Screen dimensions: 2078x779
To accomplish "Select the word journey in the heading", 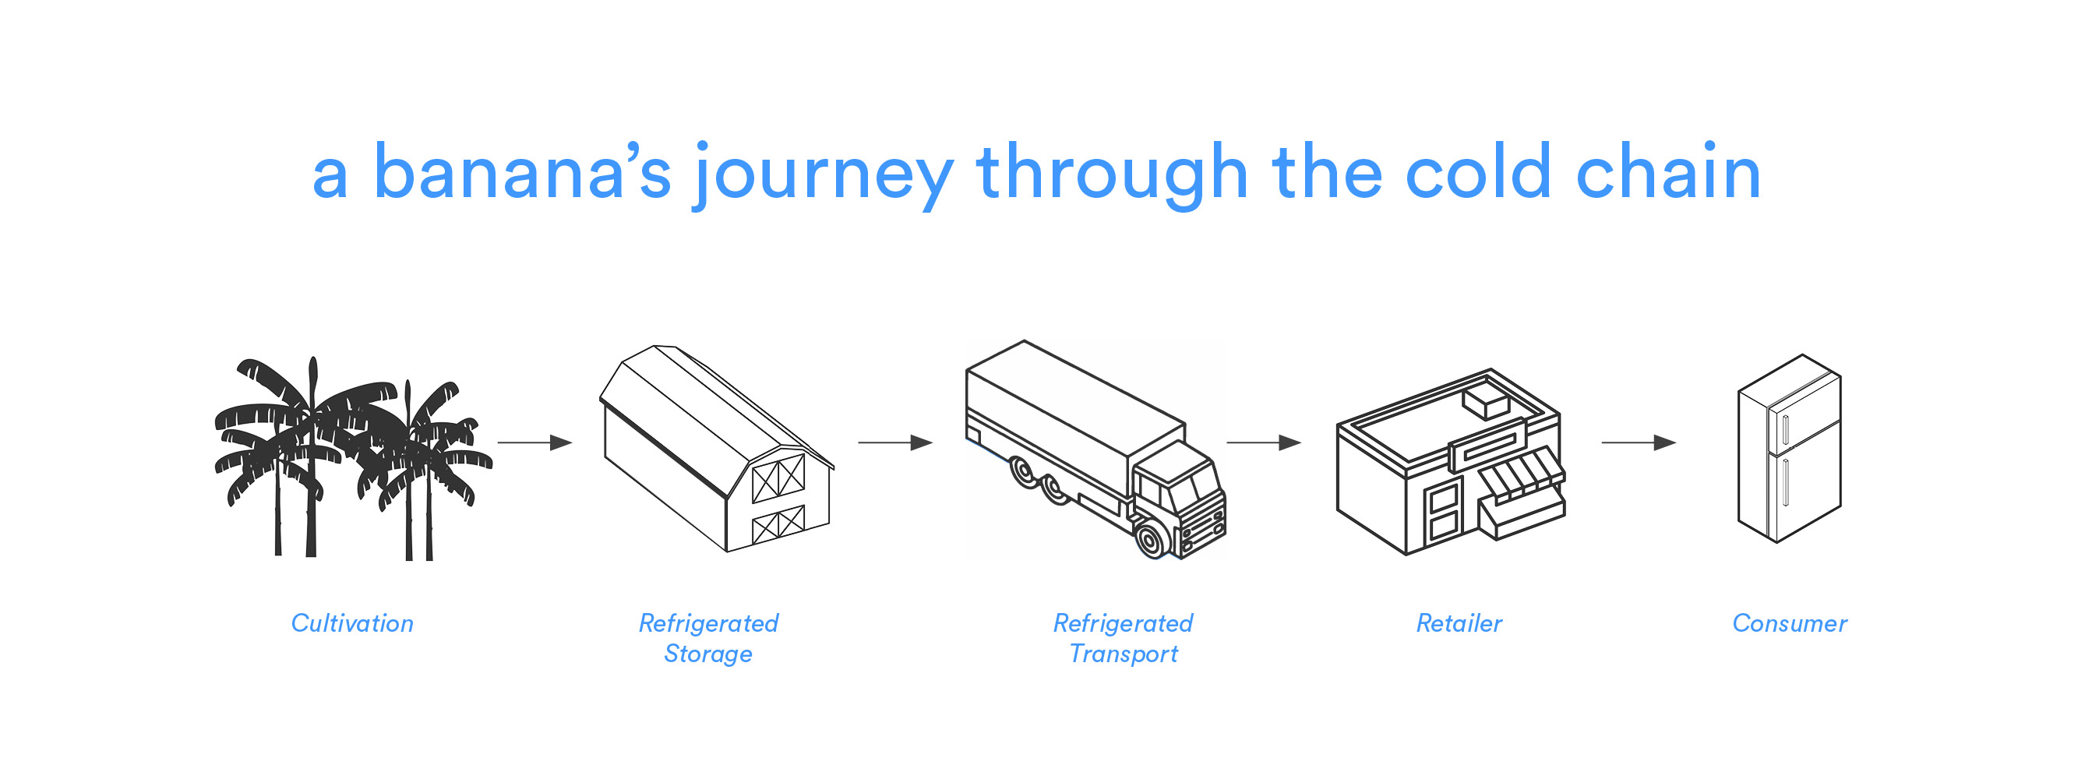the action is [x=824, y=176].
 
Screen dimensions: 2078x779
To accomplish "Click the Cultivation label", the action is [x=351, y=622].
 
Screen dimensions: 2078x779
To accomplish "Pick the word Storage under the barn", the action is [x=707, y=654].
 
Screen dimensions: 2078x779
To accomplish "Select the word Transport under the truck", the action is [x=1123, y=654].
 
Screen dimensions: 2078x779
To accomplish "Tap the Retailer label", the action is [x=1459, y=622].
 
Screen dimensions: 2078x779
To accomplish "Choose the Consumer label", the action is [x=1789, y=622].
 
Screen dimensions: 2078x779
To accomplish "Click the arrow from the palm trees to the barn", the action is [x=534, y=442].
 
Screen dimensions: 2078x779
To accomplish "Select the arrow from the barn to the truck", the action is [x=895, y=442].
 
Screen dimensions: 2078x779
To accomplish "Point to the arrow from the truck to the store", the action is [x=1264, y=442].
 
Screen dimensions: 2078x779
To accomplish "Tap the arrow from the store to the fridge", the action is [x=1639, y=442].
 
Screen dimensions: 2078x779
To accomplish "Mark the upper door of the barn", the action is [x=778, y=478].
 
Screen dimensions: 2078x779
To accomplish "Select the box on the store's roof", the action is [x=1484, y=400].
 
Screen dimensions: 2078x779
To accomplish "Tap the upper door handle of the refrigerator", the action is [x=1785, y=430].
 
